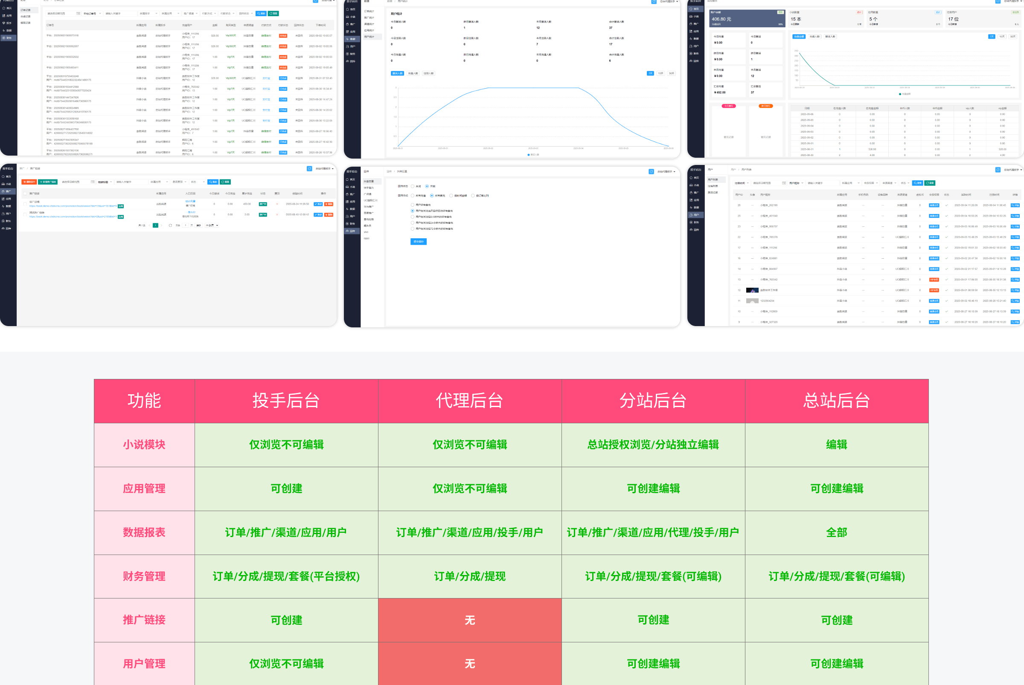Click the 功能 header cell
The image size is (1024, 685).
(x=144, y=401)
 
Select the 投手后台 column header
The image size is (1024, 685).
(x=286, y=401)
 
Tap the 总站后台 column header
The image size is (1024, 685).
(x=836, y=401)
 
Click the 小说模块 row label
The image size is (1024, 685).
(x=144, y=445)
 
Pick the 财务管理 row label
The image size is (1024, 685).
(x=144, y=576)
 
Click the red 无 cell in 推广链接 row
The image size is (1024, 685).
(x=470, y=620)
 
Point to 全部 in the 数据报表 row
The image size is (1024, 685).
(x=836, y=532)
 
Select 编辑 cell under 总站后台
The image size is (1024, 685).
(x=836, y=445)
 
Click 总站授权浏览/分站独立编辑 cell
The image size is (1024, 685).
(x=653, y=445)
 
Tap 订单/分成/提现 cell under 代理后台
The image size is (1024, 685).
(x=470, y=576)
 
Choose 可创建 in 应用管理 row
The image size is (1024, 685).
(x=286, y=488)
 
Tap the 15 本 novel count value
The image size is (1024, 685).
(x=796, y=19)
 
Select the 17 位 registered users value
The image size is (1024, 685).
(x=953, y=19)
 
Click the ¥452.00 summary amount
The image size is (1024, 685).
(x=720, y=92)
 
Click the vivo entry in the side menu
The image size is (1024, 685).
(x=366, y=232)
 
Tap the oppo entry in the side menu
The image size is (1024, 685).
(x=367, y=239)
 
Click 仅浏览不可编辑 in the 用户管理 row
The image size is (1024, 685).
(x=286, y=664)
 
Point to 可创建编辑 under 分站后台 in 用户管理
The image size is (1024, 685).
(x=653, y=664)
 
